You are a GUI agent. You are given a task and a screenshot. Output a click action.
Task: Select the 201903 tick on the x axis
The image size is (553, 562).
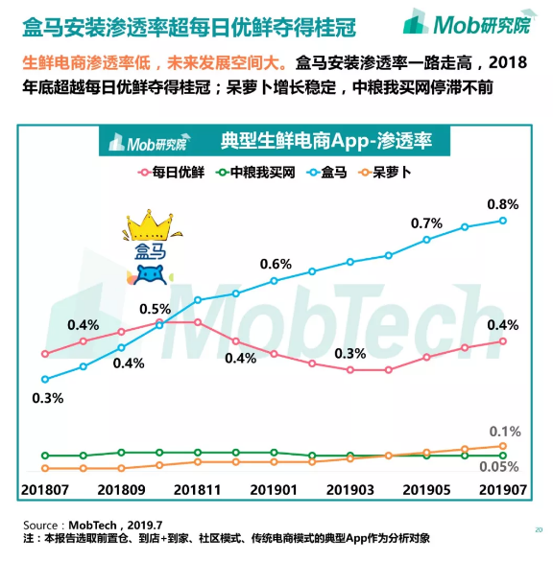(350, 489)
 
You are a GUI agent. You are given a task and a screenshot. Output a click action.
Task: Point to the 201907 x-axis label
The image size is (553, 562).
(501, 489)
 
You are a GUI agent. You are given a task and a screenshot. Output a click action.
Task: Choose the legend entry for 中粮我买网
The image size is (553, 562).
(254, 173)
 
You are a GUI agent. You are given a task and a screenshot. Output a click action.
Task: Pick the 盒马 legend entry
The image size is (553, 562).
(329, 173)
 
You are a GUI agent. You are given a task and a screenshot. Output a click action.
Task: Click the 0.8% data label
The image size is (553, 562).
(502, 204)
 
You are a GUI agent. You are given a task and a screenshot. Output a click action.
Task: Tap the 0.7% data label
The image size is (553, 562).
(426, 223)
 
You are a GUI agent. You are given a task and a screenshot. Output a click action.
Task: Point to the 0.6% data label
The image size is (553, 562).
(275, 265)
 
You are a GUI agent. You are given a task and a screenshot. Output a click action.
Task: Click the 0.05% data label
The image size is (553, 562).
(499, 466)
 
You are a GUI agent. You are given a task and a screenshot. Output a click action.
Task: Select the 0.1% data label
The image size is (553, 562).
(505, 432)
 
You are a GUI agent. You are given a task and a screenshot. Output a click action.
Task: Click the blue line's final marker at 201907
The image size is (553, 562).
(502, 221)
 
